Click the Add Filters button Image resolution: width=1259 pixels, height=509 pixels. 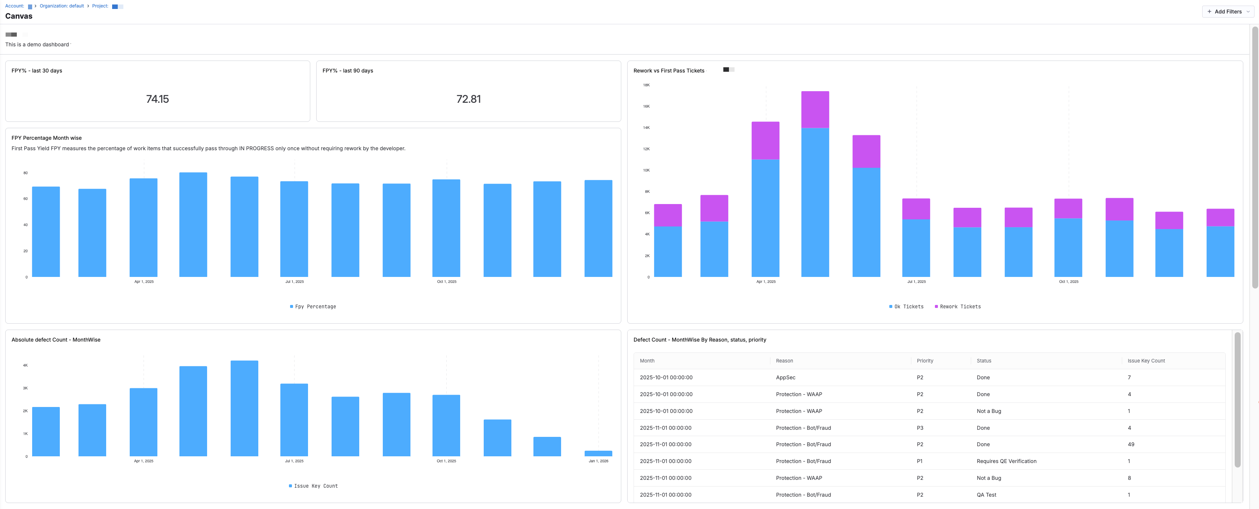[1227, 12]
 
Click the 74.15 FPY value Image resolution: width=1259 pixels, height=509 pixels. [157, 99]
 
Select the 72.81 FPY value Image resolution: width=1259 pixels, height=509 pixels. [468, 99]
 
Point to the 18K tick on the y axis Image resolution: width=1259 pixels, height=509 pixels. [646, 85]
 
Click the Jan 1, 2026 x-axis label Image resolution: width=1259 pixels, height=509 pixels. [598, 461]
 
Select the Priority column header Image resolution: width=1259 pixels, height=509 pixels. [925, 361]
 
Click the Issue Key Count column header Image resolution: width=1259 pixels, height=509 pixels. [1146, 361]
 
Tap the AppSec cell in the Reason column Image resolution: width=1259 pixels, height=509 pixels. [785, 377]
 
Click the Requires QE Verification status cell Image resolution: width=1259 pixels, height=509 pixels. [1006, 461]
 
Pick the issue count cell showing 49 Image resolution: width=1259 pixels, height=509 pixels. [1130, 444]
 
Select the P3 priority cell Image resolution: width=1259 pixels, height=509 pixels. [920, 428]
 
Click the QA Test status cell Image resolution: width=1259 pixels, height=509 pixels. [986, 495]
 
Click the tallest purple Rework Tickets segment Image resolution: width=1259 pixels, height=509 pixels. [765, 141]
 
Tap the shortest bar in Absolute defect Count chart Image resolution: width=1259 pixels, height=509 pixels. [598, 453]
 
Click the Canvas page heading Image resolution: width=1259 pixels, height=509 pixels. [19, 16]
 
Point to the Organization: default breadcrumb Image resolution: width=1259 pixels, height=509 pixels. [62, 6]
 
